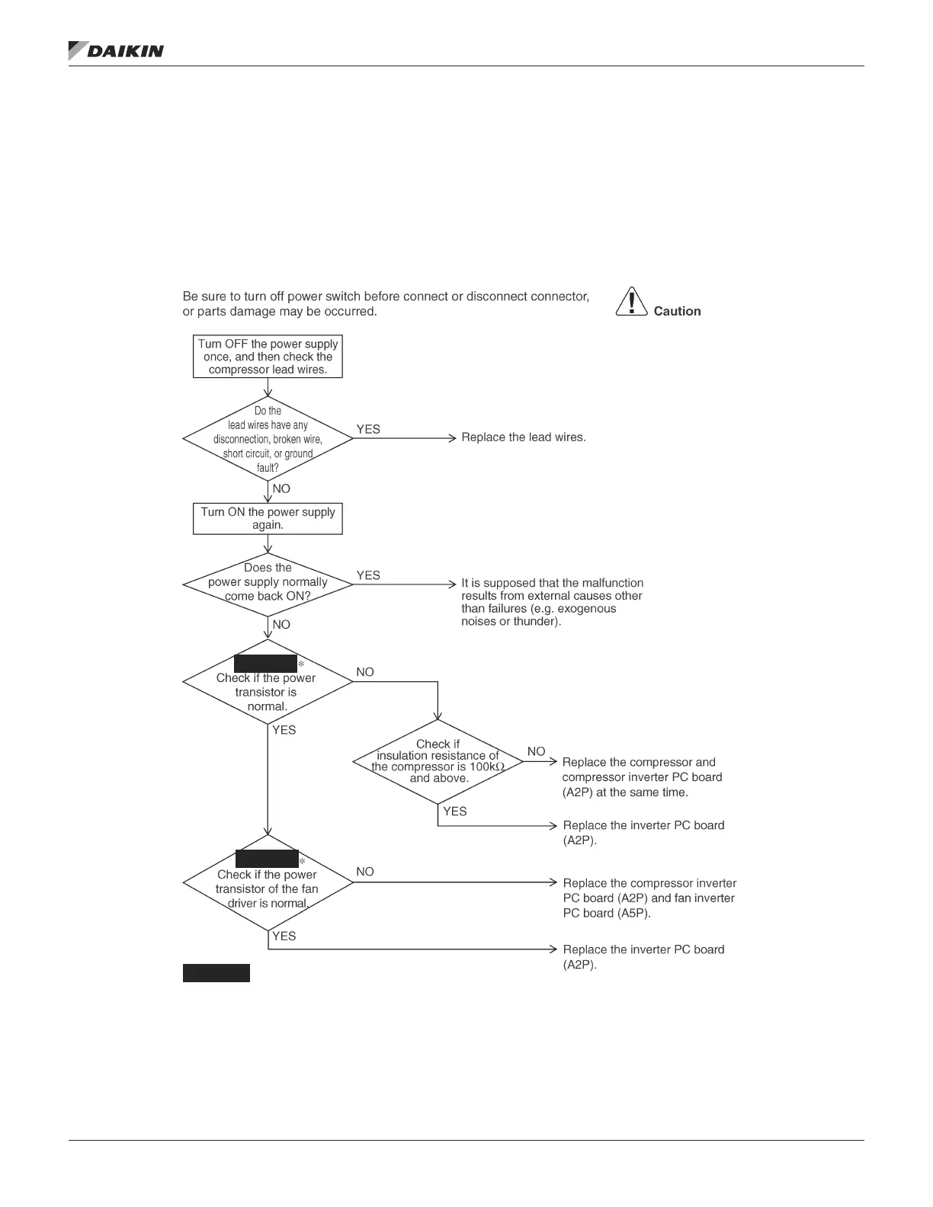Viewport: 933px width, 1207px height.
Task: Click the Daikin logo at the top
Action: (x=116, y=50)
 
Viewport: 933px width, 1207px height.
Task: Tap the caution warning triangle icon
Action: (x=631, y=302)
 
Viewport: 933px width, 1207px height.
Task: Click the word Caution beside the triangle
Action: (x=677, y=311)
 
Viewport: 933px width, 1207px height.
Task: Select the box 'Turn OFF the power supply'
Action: (x=268, y=357)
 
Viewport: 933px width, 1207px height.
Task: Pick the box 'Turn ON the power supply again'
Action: (x=268, y=518)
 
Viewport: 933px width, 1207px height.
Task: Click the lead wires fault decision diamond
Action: (x=268, y=439)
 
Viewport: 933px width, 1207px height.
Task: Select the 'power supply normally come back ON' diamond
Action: (x=268, y=584)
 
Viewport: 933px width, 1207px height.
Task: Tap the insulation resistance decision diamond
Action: (x=438, y=761)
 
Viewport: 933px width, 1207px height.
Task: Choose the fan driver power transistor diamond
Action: (x=268, y=884)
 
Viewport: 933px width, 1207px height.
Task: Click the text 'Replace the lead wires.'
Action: (x=524, y=437)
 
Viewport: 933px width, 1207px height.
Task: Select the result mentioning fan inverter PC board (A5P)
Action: (x=649, y=898)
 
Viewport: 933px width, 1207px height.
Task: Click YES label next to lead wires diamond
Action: (x=368, y=430)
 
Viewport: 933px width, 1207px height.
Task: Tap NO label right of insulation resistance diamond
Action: (x=536, y=751)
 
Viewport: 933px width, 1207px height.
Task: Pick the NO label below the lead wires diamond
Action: (x=281, y=488)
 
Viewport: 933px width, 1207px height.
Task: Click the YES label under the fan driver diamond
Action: (x=284, y=936)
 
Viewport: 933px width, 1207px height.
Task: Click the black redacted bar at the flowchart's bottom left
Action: (x=216, y=973)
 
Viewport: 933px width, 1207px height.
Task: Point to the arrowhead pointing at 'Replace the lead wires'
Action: (x=452, y=438)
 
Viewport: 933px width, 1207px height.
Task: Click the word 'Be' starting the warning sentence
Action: (x=191, y=296)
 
